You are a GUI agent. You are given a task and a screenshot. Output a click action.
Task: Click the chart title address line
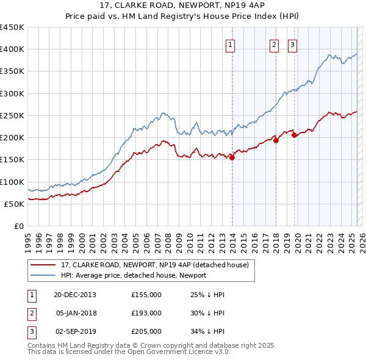coord(183,5)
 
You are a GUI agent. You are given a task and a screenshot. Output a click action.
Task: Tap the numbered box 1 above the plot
coord(231,45)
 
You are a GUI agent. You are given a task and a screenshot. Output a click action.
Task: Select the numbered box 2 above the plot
coord(274,45)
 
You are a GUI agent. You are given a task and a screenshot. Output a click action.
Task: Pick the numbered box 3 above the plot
coord(292,45)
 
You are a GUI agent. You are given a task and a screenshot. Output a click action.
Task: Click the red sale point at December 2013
coord(232,157)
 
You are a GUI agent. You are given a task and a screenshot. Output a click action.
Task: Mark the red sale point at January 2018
coord(276,140)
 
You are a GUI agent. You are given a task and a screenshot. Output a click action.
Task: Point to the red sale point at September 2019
coord(295,135)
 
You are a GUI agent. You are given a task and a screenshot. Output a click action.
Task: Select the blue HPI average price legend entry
coord(133,275)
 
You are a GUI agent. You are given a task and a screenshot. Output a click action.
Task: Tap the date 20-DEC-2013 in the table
coord(75,295)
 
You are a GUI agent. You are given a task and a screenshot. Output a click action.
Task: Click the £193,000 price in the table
coord(146,313)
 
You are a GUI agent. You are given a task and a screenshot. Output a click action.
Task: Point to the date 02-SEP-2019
coord(75,331)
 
